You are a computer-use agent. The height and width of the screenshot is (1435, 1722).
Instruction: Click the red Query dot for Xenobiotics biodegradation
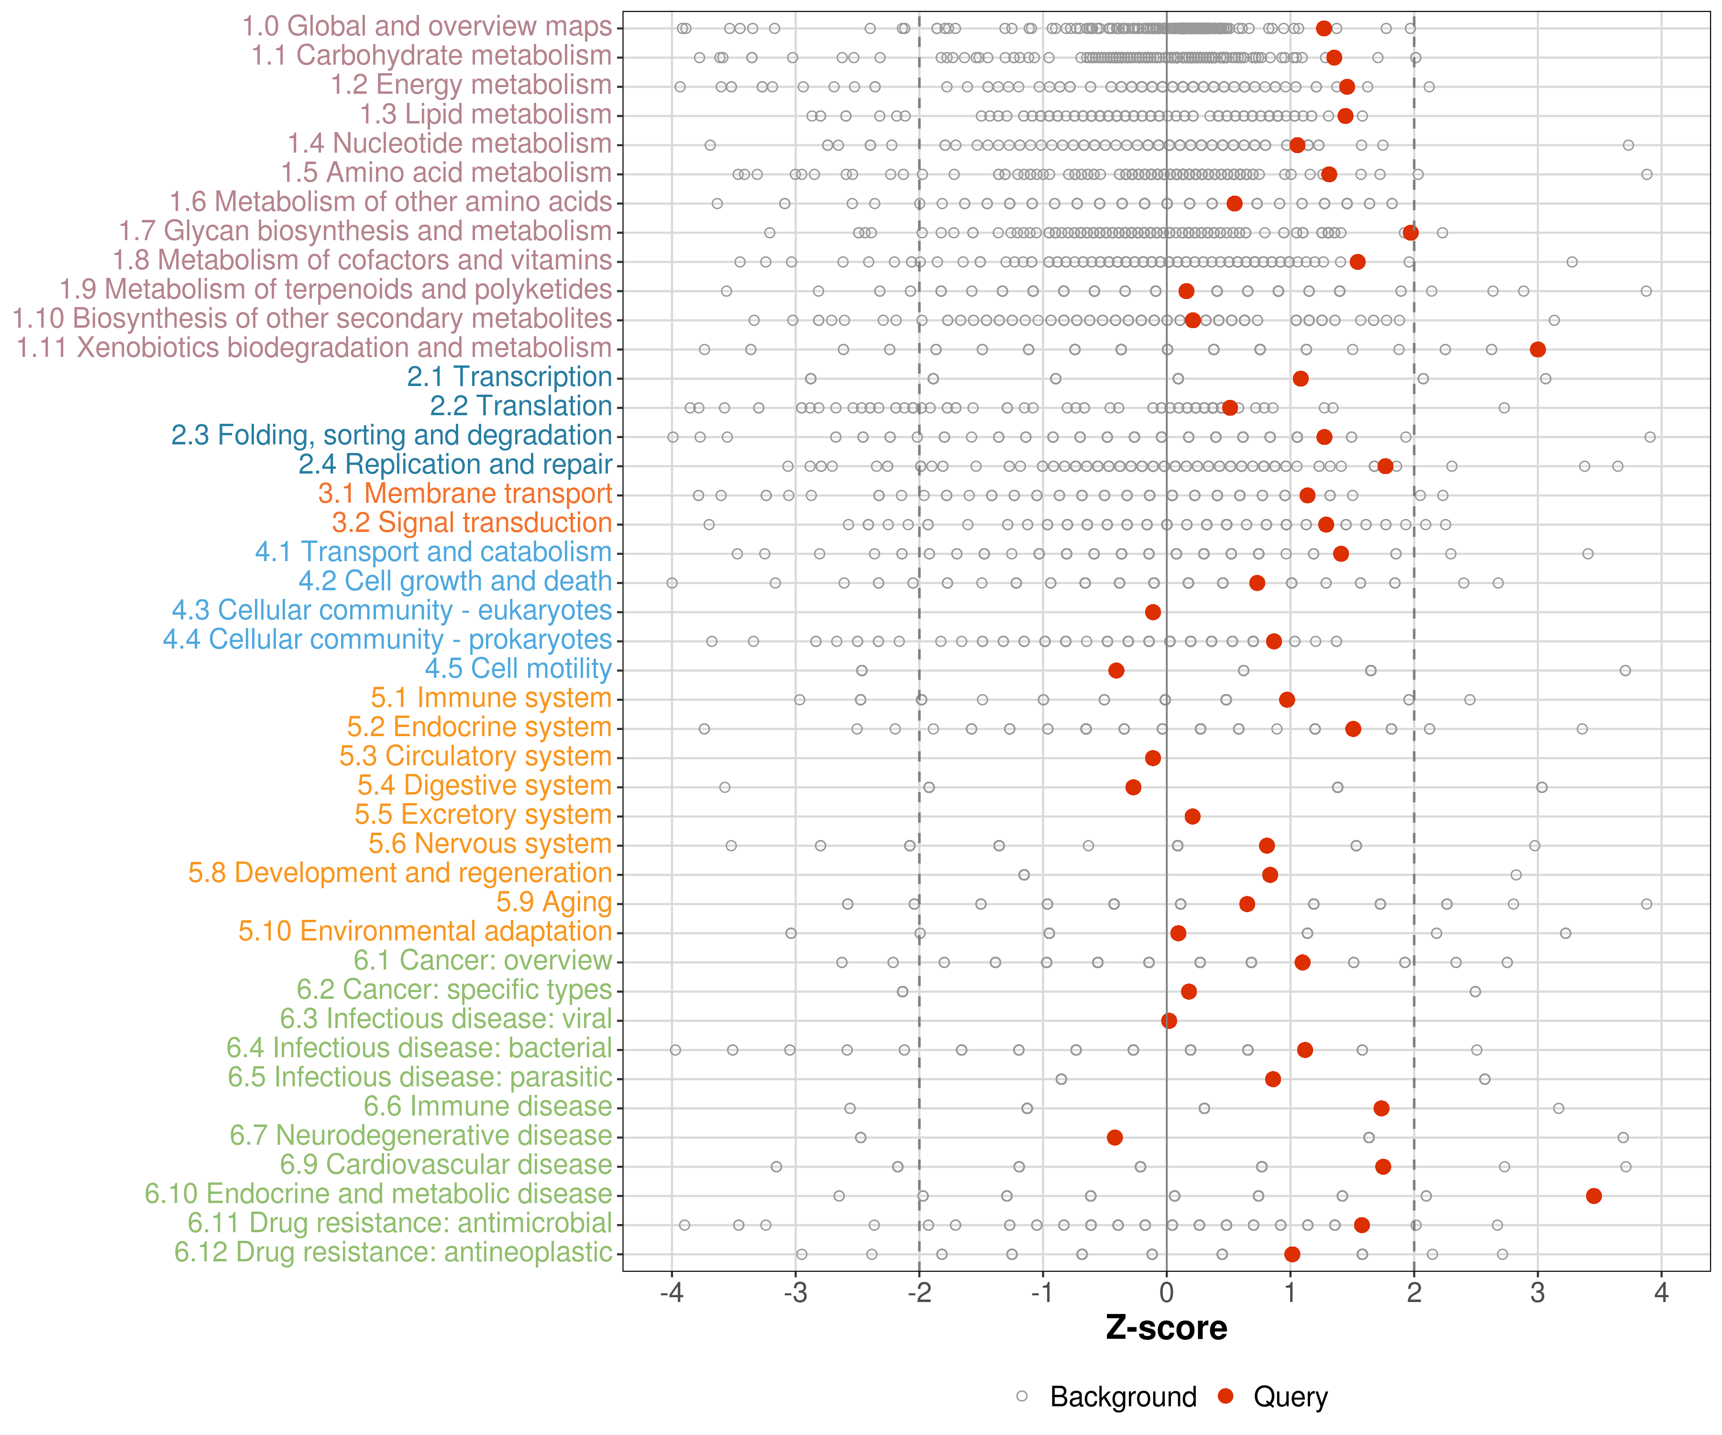pos(1537,349)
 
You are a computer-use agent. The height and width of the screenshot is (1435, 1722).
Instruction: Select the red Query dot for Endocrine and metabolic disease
pos(1593,1195)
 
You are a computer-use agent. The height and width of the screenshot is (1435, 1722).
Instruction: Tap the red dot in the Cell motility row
pos(1116,671)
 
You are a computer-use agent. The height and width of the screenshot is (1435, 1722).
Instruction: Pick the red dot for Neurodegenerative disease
pos(1115,1137)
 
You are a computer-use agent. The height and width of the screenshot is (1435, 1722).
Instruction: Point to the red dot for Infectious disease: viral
pos(1170,1021)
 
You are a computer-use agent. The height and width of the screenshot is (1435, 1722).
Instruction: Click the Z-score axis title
pos(1166,1328)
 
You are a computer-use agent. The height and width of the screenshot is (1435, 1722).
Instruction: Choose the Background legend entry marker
pos(1022,1396)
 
